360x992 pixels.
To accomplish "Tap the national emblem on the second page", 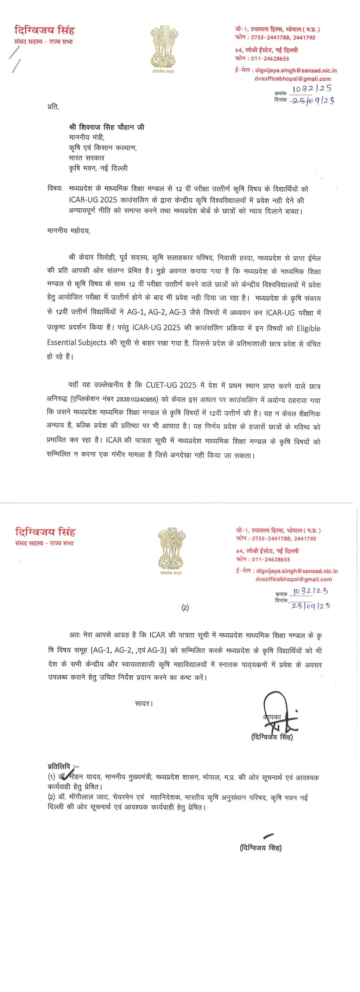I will pyautogui.click(x=171, y=548).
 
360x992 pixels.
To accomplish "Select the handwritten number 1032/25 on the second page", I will pyautogui.click(x=310, y=591).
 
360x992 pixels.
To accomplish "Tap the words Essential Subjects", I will pyautogui.click(x=77, y=342).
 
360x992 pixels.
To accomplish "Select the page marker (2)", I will pyautogui.click(x=185, y=608).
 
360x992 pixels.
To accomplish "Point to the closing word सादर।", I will pyautogui.click(x=144, y=704).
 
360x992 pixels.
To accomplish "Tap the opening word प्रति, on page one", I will pyautogui.click(x=53, y=107).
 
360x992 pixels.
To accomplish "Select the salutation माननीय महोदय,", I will pyautogui.click(x=68, y=231).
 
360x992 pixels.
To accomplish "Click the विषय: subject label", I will pyautogui.click(x=55, y=189).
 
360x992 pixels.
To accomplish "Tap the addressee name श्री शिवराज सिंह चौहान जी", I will pyautogui.click(x=107, y=127).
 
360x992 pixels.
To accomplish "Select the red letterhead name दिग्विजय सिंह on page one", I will pyautogui.click(x=45, y=30).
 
